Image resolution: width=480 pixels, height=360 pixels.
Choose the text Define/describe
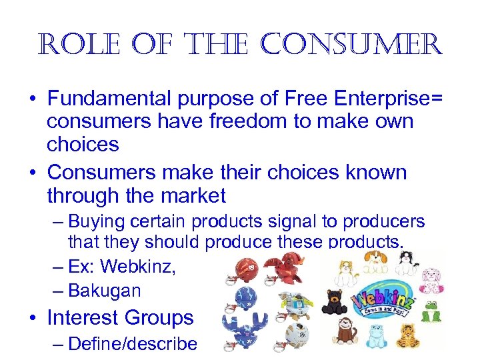tap(133, 344)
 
